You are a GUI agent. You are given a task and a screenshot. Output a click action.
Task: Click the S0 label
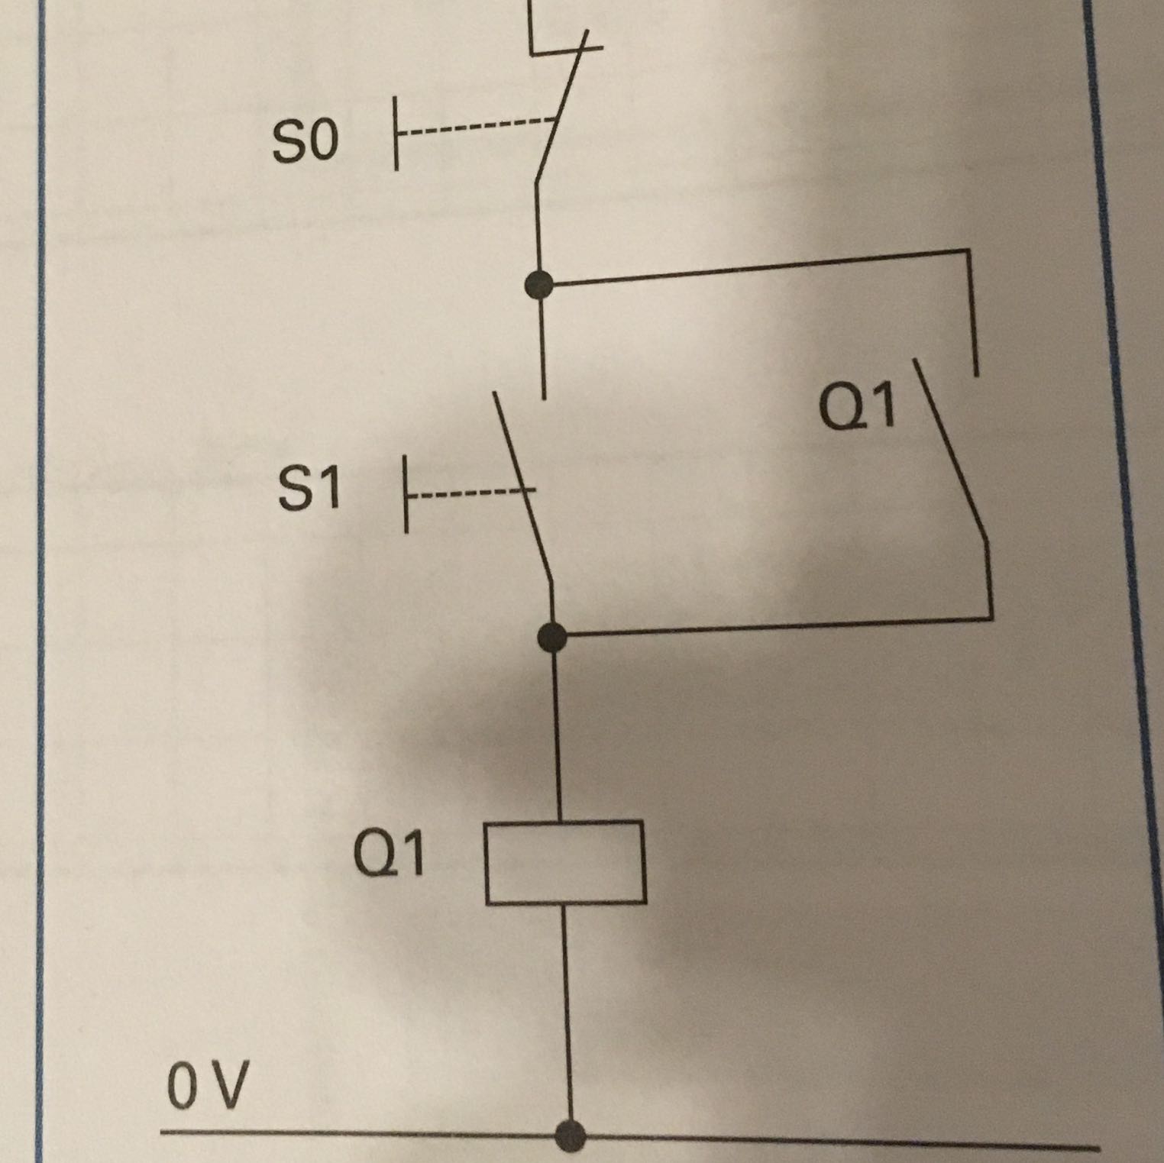(305, 143)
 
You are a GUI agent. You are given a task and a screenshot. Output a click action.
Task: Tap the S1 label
(309, 489)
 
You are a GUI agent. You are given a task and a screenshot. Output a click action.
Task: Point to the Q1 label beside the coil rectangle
(389, 854)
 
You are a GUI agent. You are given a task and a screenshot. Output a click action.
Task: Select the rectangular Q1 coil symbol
(565, 862)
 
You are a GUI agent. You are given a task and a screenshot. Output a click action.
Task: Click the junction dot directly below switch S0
(540, 285)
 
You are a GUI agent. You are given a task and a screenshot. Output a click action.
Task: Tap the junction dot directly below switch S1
(551, 636)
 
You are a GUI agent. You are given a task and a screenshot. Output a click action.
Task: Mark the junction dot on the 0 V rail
(570, 1135)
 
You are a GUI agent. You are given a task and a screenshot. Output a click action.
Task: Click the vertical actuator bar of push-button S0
(396, 133)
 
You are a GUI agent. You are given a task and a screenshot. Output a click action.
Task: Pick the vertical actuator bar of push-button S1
(406, 494)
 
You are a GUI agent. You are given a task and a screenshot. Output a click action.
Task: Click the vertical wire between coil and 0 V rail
(567, 1016)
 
